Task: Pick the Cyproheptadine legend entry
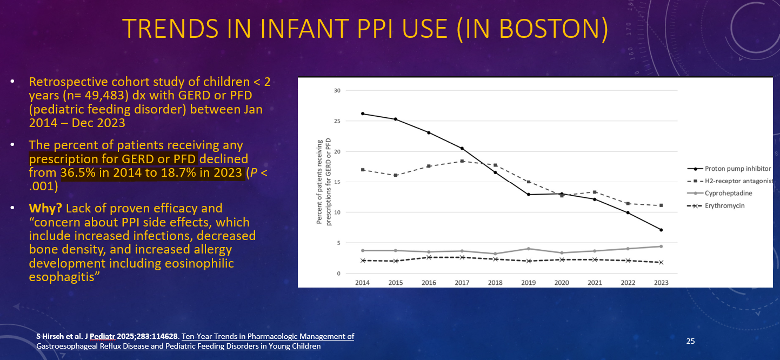click(x=728, y=193)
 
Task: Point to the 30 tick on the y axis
click(x=337, y=90)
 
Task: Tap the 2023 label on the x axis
click(x=661, y=283)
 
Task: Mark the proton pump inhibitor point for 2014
click(x=363, y=114)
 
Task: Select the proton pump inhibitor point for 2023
click(x=661, y=230)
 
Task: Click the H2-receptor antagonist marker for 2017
click(x=462, y=161)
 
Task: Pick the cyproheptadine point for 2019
click(x=528, y=249)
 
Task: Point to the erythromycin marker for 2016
click(x=429, y=257)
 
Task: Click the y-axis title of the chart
click(x=323, y=182)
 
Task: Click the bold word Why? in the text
click(x=44, y=208)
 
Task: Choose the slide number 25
click(x=690, y=341)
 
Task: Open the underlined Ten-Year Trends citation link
click(x=268, y=336)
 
